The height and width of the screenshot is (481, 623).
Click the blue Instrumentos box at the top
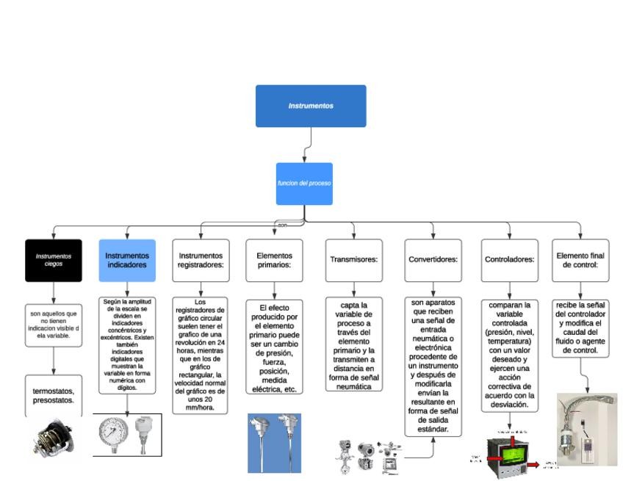point(311,106)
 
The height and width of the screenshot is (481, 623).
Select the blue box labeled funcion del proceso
point(304,183)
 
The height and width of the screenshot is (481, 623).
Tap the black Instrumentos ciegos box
point(53,260)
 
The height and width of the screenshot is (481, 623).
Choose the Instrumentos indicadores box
point(127,260)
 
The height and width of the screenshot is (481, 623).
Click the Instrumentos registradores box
point(201,260)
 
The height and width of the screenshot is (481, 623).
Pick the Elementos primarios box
point(274,260)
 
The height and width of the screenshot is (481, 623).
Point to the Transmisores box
point(354,260)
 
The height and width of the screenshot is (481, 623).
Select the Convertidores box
point(433,260)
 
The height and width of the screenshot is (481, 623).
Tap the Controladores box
point(509,260)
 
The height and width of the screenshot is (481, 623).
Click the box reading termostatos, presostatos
point(53,397)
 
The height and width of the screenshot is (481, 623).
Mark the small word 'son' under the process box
point(281,225)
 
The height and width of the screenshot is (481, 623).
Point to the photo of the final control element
point(586,430)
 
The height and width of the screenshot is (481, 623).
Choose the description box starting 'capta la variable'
point(354,344)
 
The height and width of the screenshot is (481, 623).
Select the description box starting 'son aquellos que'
point(53,325)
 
